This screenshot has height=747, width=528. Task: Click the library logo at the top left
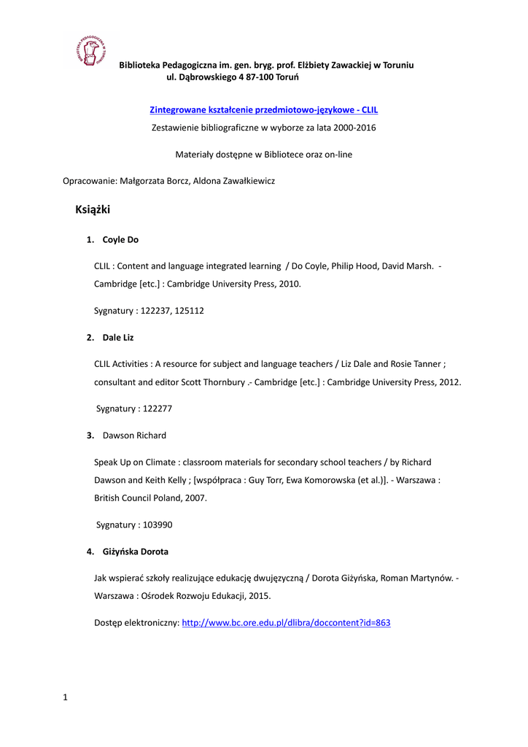coord(90,52)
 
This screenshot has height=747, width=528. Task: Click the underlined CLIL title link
coord(263,109)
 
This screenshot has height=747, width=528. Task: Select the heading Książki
coord(93,210)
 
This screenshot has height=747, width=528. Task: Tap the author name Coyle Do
coord(120,239)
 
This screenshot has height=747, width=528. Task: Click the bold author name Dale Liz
coord(118,338)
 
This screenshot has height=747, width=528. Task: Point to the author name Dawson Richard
coord(134,436)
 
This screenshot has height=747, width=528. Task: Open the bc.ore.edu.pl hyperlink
coord(286,623)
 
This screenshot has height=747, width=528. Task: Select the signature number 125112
coord(190,311)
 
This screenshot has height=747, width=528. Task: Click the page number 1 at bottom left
coord(65,697)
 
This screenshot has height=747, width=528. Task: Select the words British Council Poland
coord(135,498)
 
